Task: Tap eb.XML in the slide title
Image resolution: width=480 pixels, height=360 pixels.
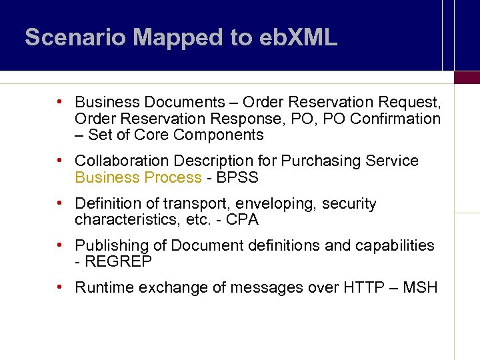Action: (302, 37)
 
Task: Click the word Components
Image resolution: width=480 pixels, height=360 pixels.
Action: (219, 135)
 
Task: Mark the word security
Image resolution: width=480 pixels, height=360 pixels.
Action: (349, 204)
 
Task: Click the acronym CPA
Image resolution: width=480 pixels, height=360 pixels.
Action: (242, 220)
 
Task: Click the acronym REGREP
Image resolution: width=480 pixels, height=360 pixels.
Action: (117, 262)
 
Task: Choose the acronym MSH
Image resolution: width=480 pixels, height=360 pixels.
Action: (421, 288)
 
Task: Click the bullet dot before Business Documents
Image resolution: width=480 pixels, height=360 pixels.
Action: (60, 102)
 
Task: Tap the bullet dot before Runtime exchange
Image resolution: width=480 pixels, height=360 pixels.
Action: (60, 287)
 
